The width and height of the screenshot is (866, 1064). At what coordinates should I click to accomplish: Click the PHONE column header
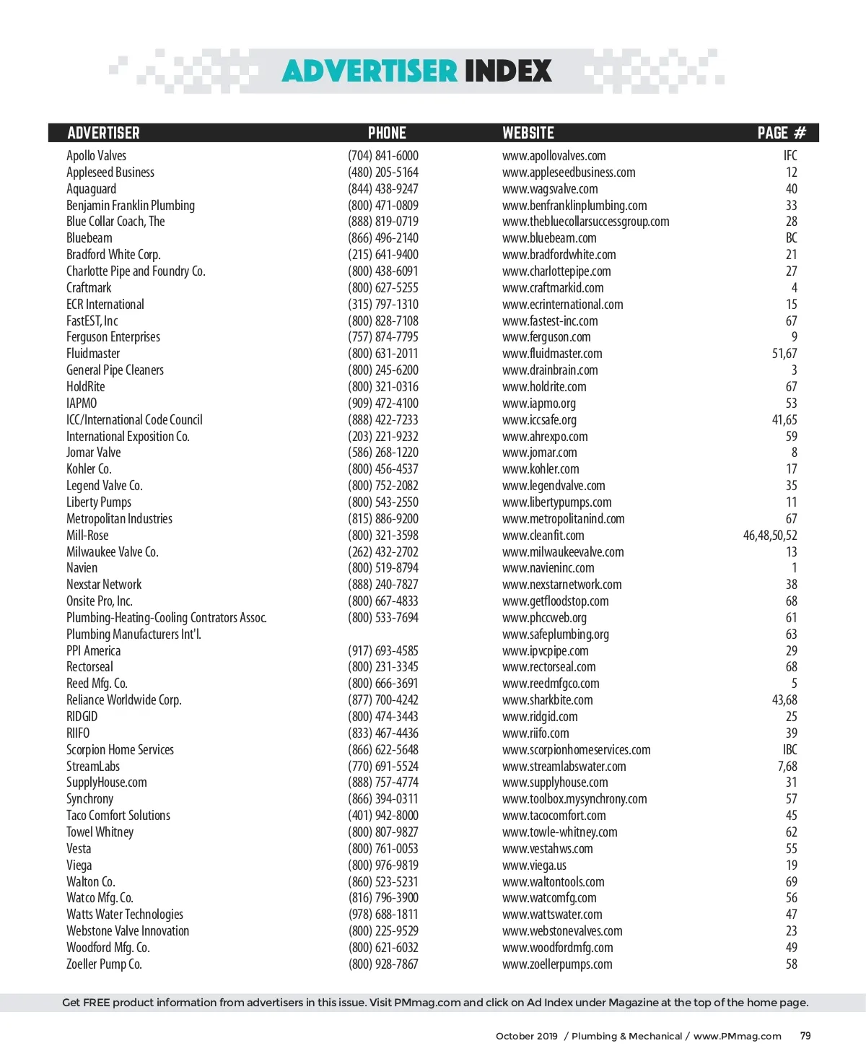387,133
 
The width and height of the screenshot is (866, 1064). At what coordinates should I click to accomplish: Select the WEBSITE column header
528,133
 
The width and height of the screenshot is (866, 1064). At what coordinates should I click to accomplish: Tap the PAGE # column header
781,133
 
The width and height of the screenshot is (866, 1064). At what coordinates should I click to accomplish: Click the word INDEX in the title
508,71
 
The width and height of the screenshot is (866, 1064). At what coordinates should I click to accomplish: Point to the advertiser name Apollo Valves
96,156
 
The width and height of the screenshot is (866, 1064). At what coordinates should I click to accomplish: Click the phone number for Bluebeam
382,238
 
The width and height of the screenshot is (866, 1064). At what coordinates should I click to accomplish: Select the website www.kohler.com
541,469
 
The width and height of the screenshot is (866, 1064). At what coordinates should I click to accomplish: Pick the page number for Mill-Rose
770,536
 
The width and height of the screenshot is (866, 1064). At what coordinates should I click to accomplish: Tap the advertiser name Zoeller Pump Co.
104,964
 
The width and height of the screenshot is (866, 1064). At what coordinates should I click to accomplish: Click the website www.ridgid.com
540,717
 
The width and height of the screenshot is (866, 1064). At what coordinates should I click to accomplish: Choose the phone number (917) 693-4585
382,651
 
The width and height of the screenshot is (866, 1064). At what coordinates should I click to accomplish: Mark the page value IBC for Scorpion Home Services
790,750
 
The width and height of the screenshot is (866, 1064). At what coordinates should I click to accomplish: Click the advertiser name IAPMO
82,404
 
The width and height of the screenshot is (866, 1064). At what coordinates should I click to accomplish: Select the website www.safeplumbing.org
556,635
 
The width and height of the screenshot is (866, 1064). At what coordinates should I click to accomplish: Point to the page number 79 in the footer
805,1036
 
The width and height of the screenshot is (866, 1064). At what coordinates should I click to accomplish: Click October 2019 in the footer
526,1036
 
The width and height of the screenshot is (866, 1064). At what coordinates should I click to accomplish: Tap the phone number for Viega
382,865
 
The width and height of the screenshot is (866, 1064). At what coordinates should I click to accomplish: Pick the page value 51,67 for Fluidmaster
784,354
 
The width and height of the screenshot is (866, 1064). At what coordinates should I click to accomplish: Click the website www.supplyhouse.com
555,782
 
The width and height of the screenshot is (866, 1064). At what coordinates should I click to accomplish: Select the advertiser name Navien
82,568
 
